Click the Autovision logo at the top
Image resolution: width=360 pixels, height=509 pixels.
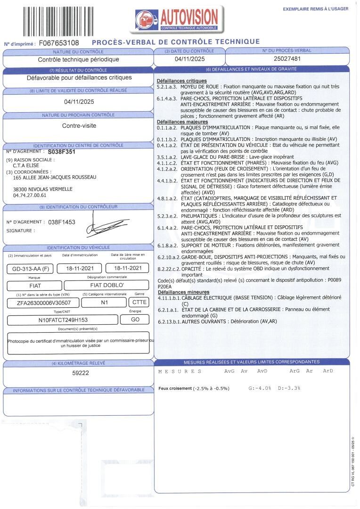coord(176,19)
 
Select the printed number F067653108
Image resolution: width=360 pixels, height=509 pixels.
coord(58,43)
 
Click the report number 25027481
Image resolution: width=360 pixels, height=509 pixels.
coord(287,59)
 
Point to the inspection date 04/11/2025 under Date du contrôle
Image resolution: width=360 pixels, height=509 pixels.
coord(189,59)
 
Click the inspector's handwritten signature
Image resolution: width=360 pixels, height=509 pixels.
coord(106,226)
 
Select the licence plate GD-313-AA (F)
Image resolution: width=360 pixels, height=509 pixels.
coord(29,269)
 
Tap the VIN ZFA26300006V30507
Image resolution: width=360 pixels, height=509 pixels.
coord(41,303)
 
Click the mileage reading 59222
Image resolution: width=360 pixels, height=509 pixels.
coord(77,373)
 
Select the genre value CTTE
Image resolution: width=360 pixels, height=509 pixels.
coord(139,303)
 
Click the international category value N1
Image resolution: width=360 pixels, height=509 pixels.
coord(104,303)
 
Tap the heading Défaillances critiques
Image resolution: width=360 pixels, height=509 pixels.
coord(181,81)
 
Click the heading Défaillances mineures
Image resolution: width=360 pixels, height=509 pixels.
coord(180,292)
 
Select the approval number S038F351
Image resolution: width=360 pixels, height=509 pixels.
coord(61,153)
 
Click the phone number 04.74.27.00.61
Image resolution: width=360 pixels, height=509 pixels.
coord(30,195)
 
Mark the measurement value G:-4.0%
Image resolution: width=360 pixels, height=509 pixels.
coord(260,388)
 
